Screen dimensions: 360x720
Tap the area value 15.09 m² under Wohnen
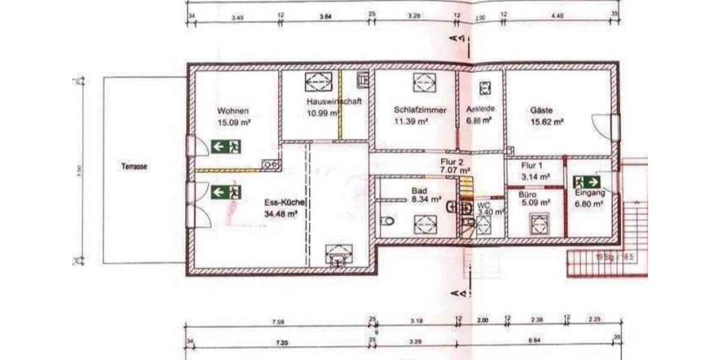coord(234,122)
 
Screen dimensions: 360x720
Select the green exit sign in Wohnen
coord(226,146)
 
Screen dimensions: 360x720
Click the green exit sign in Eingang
coord(587,181)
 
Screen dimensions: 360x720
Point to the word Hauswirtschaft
coord(333,101)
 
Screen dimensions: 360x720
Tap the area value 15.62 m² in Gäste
coord(547,122)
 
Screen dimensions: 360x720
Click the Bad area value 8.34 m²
coord(426,200)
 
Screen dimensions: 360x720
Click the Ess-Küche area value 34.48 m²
coord(281,213)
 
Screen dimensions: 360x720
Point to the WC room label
coord(483,205)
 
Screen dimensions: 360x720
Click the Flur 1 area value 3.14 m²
coord(536,176)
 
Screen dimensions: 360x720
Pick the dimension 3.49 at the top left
coord(237,18)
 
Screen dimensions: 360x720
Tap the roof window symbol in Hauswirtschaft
coord(319,81)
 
